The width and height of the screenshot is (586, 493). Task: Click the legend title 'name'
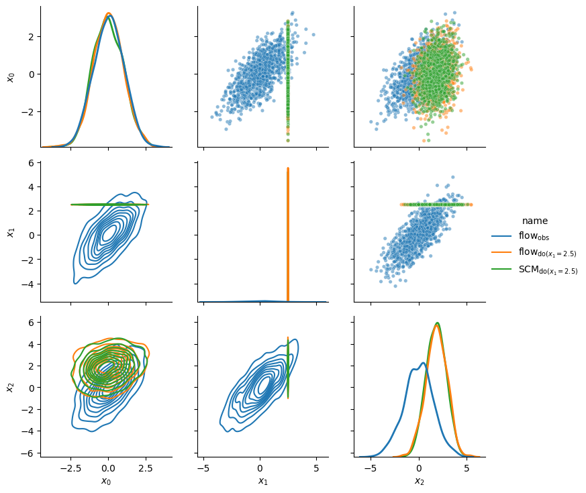click(535, 221)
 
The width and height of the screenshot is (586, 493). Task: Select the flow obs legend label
click(534, 236)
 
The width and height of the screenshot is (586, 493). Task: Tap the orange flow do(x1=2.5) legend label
click(548, 252)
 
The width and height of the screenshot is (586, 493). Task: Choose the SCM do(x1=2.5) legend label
click(548, 270)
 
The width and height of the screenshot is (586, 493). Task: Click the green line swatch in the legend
click(501, 269)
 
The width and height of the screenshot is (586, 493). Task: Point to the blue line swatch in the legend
click(501, 236)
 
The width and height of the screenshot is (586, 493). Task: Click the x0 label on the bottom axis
click(106, 481)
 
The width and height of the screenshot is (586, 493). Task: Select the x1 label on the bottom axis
click(263, 481)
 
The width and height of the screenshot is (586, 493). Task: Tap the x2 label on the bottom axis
click(420, 481)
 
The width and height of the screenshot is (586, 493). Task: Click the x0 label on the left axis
click(11, 77)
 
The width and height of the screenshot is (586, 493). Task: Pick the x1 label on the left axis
click(11, 232)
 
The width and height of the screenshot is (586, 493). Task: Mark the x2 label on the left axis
click(11, 387)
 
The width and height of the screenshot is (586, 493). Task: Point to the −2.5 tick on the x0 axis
click(70, 468)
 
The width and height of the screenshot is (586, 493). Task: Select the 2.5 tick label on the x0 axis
click(146, 468)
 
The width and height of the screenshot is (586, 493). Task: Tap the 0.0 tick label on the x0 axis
click(108, 468)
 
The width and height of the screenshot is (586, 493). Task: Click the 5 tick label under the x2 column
click(467, 468)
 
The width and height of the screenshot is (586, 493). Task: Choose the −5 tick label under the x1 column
click(203, 468)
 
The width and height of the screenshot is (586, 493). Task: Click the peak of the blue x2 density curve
click(423, 363)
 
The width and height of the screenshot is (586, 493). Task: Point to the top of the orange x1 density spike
click(288, 168)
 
